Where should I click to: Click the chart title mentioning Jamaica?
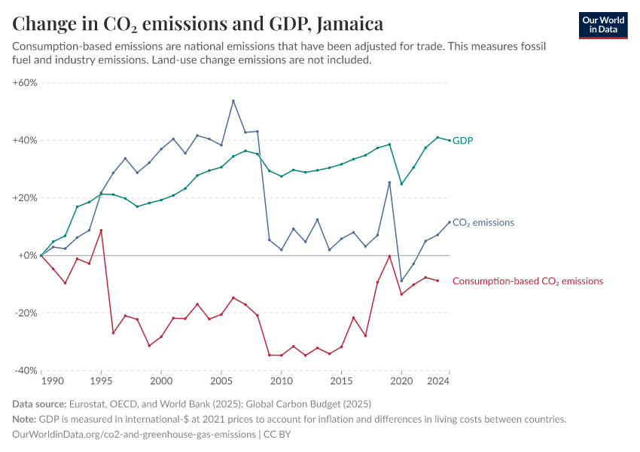pos(198,23)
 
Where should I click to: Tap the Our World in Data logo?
pos(603,25)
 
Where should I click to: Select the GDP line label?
pos(463,141)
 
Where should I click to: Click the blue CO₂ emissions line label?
pos(483,223)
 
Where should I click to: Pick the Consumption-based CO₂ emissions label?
pos(527,281)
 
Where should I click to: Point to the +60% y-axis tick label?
pos(25,83)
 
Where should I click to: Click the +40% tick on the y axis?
pos(25,141)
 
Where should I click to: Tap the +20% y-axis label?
pos(25,198)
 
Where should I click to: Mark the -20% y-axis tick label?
pos(26,313)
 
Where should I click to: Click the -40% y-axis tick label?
pos(26,371)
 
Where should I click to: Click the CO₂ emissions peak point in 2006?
pos(233,101)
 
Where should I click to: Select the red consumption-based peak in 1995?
pos(101,231)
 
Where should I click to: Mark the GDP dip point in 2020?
pos(401,184)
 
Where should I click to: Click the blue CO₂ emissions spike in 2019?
pos(389,182)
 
